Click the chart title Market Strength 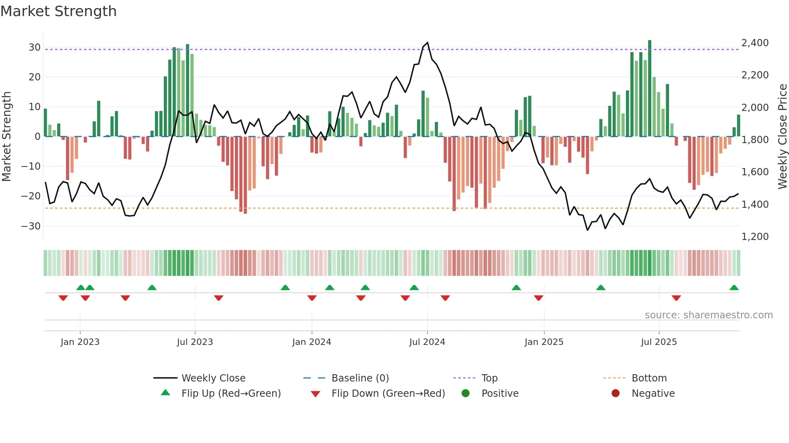coord(58,11)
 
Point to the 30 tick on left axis coord(35,47)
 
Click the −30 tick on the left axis coord(31,226)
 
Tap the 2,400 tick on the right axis coord(755,43)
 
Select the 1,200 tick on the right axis coord(755,237)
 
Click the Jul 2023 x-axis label coord(195,342)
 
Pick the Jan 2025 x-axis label coord(544,342)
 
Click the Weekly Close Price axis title coord(782,137)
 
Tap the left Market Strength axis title coord(7,137)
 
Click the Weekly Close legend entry coord(213,378)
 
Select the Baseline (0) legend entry coord(360,378)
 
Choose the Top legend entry coord(489,378)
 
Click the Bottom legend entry coord(649,378)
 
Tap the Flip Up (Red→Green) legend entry coord(231,394)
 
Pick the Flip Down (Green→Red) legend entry coord(388,394)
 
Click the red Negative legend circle coord(616,394)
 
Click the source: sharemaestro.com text coord(708,315)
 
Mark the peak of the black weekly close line coord(428,43)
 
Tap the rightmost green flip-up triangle coord(734,288)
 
